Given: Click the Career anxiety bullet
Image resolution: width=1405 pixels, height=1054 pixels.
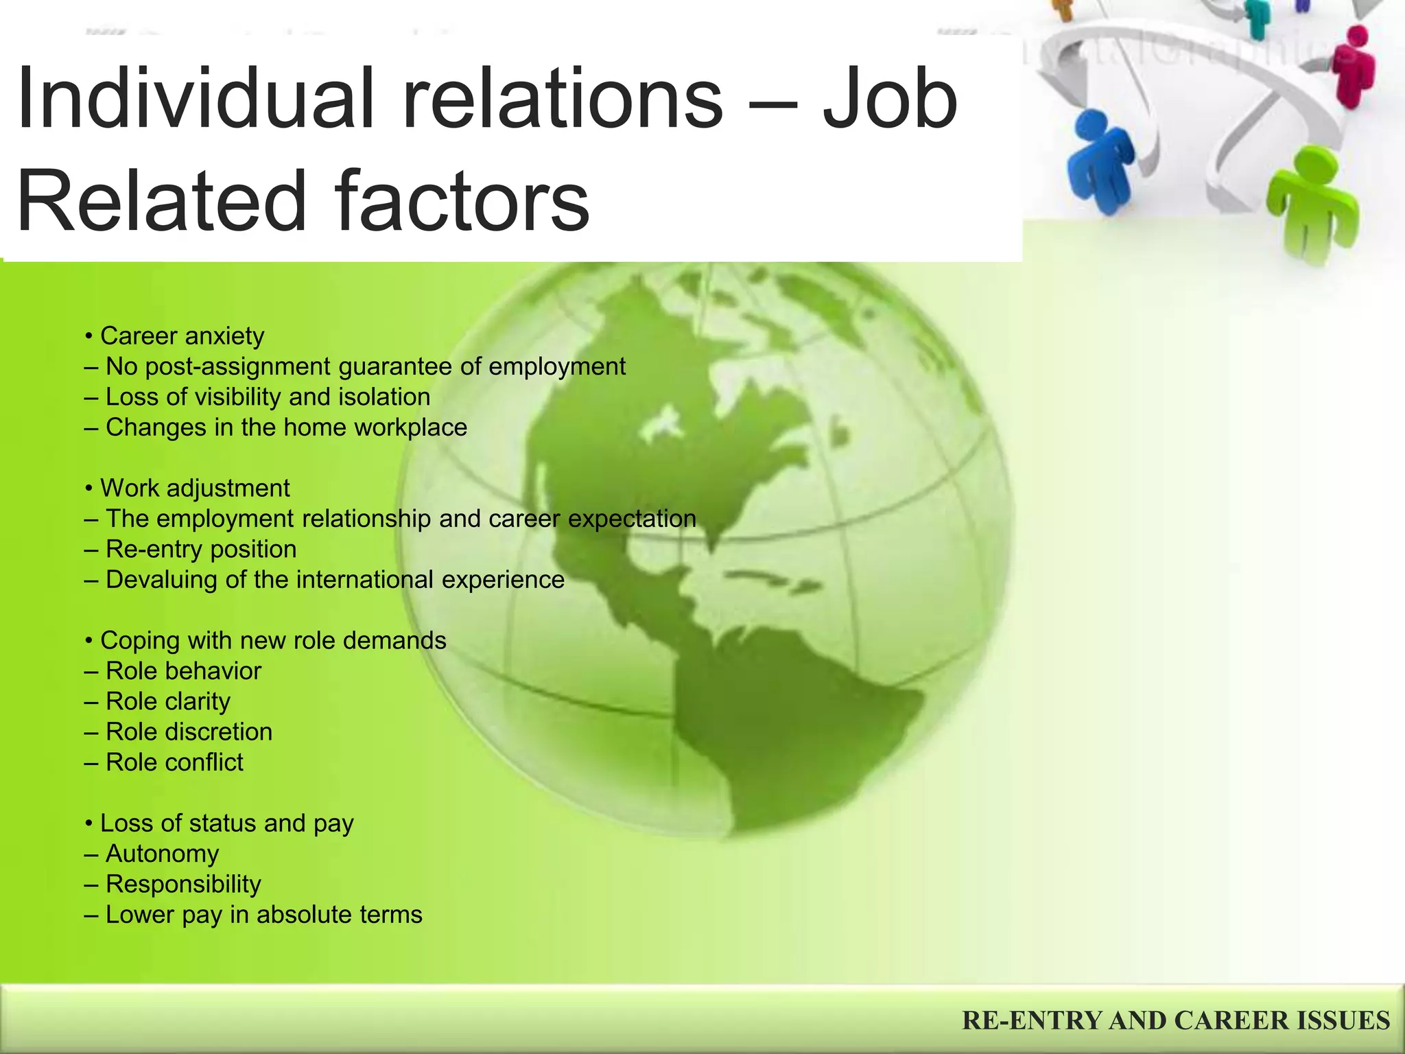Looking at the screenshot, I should click(x=176, y=336).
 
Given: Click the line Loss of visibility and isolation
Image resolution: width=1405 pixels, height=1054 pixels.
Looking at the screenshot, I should click(x=258, y=397).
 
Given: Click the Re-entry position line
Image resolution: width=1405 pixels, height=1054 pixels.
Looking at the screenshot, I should click(x=191, y=549).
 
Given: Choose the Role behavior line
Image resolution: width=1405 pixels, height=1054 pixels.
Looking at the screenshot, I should click(x=174, y=670).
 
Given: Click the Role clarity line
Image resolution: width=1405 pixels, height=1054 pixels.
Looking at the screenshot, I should click(x=158, y=701).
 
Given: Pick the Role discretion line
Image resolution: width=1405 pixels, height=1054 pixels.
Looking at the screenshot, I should click(x=179, y=731).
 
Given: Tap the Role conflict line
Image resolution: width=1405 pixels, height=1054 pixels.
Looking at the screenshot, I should click(x=165, y=762).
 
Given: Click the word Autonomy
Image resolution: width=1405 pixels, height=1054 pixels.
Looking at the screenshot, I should click(x=163, y=854).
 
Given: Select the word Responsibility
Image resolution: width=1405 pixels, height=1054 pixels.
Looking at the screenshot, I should click(x=183, y=884).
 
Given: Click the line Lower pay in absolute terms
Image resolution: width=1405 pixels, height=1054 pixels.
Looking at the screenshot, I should click(x=254, y=915).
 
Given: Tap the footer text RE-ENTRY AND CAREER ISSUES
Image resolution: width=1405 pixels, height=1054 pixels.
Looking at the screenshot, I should click(x=1176, y=1020).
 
